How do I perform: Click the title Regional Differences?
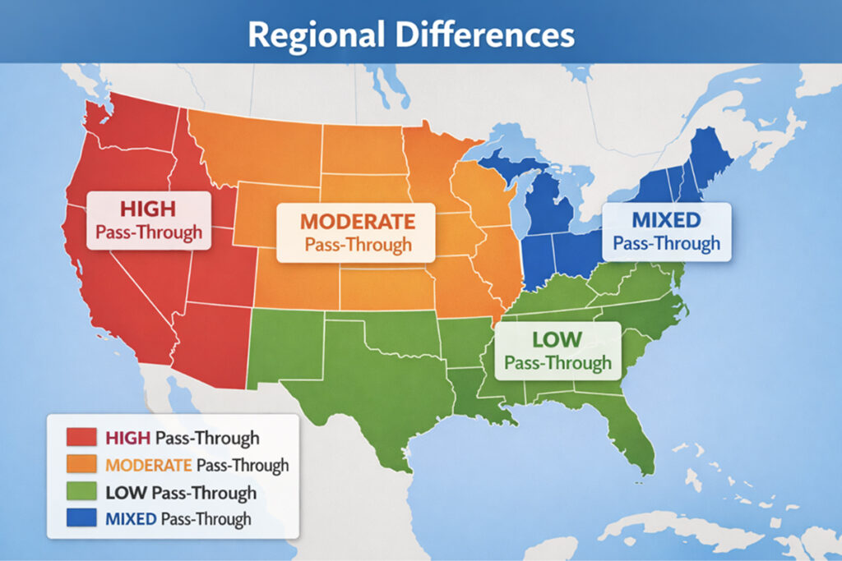click(x=410, y=35)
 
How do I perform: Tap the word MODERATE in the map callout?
click(x=357, y=221)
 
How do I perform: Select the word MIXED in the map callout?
click(x=666, y=219)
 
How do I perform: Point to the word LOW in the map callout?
click(x=557, y=338)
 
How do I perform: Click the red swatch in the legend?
click(x=81, y=438)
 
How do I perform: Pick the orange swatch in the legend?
click(x=81, y=465)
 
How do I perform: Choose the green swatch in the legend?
click(x=81, y=492)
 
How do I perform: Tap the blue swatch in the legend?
click(x=81, y=519)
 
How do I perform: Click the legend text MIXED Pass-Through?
click(x=178, y=519)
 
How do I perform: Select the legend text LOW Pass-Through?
click(x=181, y=493)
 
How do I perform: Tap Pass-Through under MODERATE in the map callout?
click(x=357, y=245)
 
